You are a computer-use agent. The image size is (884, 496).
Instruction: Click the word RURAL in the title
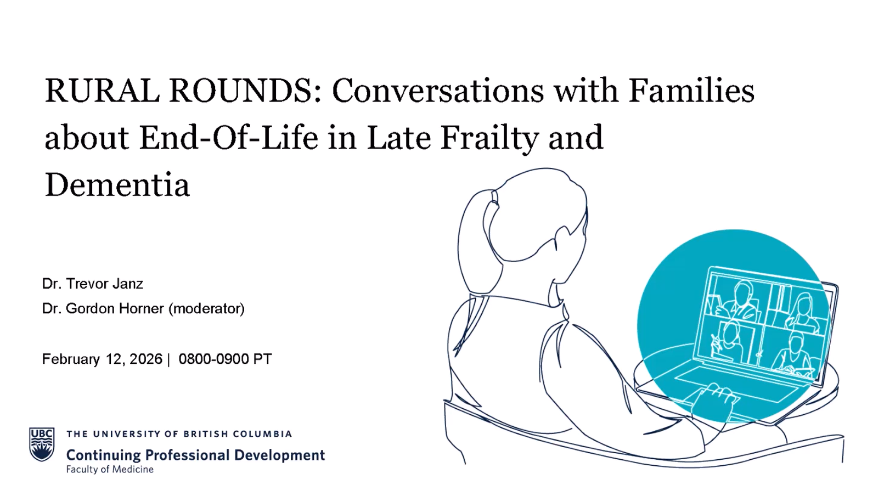(x=102, y=91)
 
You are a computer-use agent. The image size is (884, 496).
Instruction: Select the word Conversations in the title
(x=438, y=91)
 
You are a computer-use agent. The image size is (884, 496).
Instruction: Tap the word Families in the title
(x=691, y=91)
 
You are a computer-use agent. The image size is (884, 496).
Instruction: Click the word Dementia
(x=117, y=185)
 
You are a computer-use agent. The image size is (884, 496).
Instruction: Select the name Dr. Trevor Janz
(x=93, y=284)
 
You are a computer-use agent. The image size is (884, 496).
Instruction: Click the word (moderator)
(x=207, y=308)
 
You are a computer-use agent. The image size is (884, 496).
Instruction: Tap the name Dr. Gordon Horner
(x=103, y=308)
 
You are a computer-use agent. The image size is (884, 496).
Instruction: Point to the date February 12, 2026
(x=102, y=359)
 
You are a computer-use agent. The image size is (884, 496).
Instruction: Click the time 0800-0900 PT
(x=225, y=359)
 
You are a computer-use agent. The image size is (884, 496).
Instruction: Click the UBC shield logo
(x=42, y=444)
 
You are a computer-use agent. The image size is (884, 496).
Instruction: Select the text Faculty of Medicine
(x=110, y=469)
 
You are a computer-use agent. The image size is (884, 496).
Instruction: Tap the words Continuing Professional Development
(x=195, y=455)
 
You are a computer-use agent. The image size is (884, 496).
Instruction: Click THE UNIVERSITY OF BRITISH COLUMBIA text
(x=179, y=434)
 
